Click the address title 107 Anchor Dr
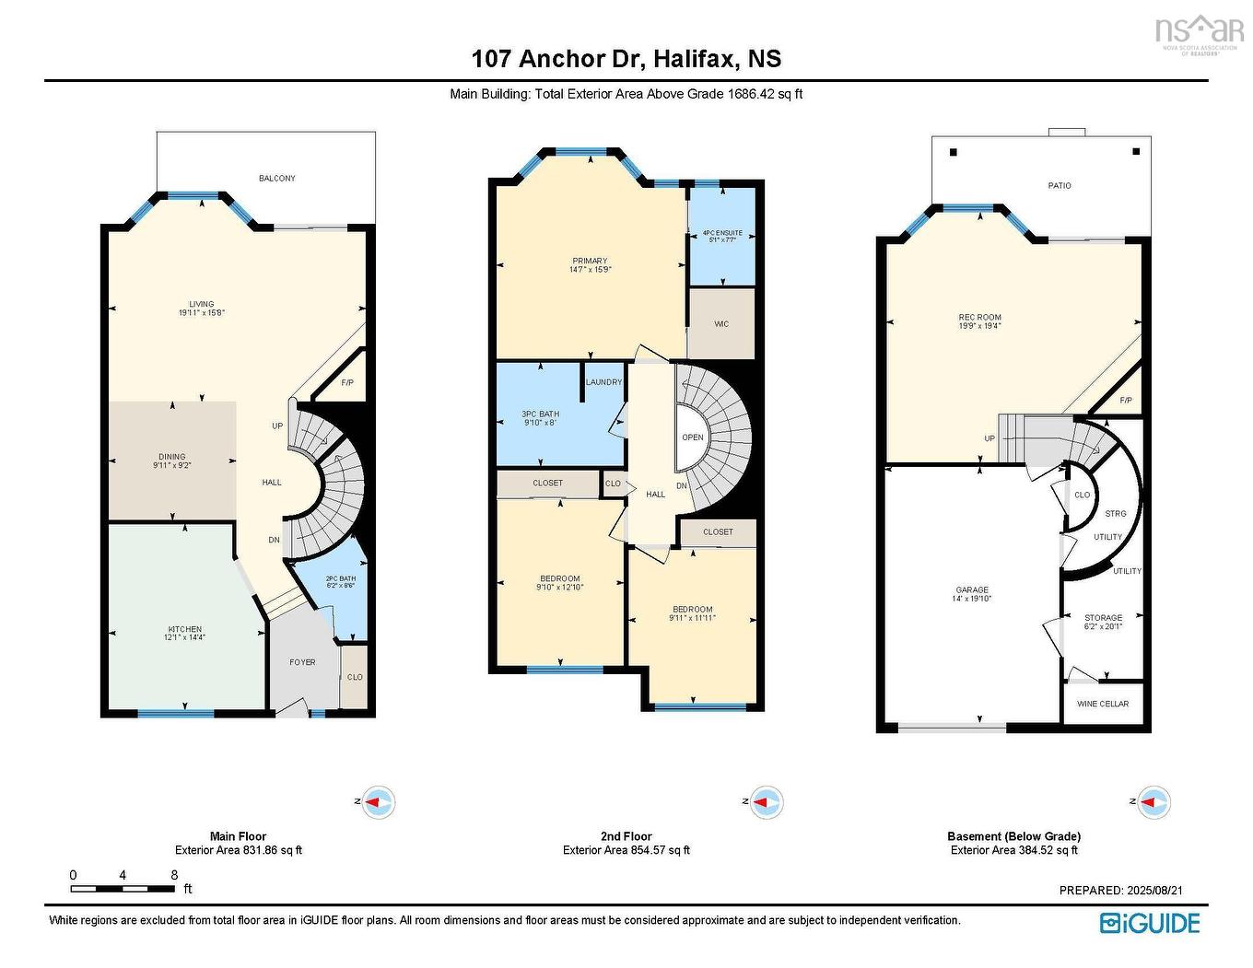(x=626, y=59)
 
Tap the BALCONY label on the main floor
(x=276, y=178)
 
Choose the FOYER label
(x=302, y=662)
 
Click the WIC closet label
(x=721, y=324)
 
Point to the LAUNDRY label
(x=604, y=382)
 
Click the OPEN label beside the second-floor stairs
(x=693, y=437)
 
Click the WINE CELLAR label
(x=1103, y=704)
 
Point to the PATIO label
(x=1060, y=186)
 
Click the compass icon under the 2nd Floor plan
(x=764, y=802)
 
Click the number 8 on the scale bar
(x=174, y=875)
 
